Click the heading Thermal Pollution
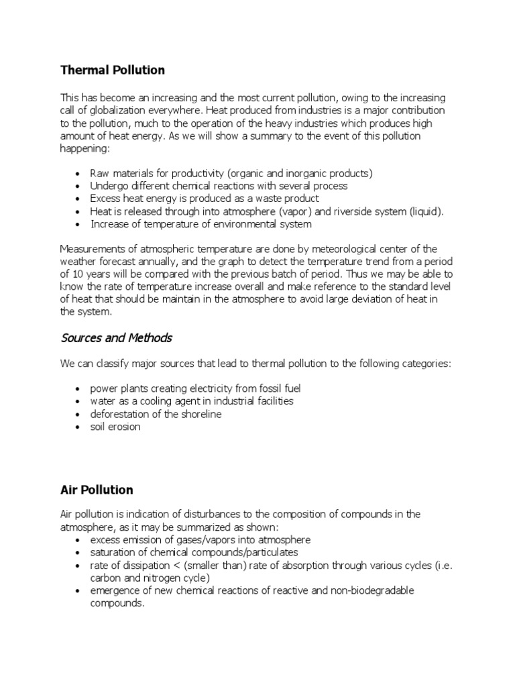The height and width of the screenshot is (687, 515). click(112, 70)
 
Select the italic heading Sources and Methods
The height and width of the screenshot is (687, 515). click(116, 337)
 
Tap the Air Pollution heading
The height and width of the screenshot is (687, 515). click(97, 490)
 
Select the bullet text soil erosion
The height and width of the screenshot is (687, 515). click(115, 427)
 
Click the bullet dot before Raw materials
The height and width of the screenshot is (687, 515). click(79, 174)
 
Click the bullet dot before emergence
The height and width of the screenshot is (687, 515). click(79, 591)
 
